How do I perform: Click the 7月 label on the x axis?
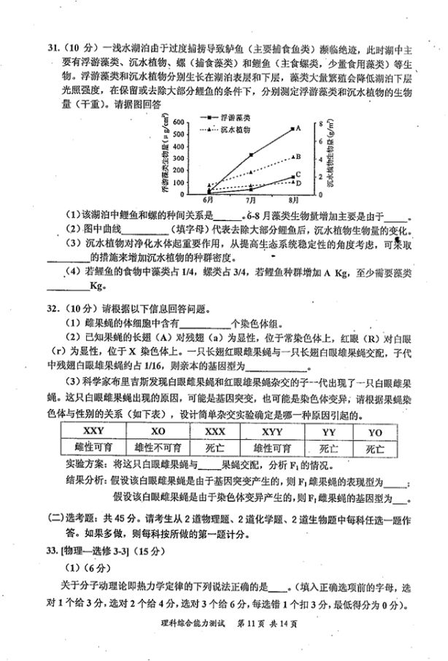pyautogui.click(x=252, y=200)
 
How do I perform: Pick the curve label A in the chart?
pyautogui.click(x=298, y=128)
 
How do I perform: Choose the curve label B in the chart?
pyautogui.click(x=298, y=156)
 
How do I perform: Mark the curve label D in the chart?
pyautogui.click(x=298, y=182)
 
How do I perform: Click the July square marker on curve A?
pyautogui.click(x=252, y=155)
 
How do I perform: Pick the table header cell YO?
pyautogui.click(x=375, y=431)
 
